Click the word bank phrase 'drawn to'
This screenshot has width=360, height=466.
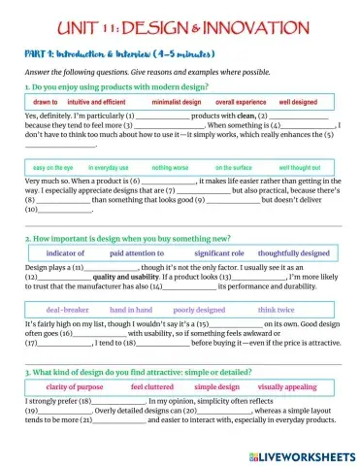(x=46, y=101)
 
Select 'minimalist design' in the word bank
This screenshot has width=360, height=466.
(x=177, y=101)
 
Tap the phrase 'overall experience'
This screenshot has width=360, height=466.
(x=240, y=101)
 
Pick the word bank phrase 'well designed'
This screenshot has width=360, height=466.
(x=301, y=101)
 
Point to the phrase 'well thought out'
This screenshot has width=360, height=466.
(x=300, y=167)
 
